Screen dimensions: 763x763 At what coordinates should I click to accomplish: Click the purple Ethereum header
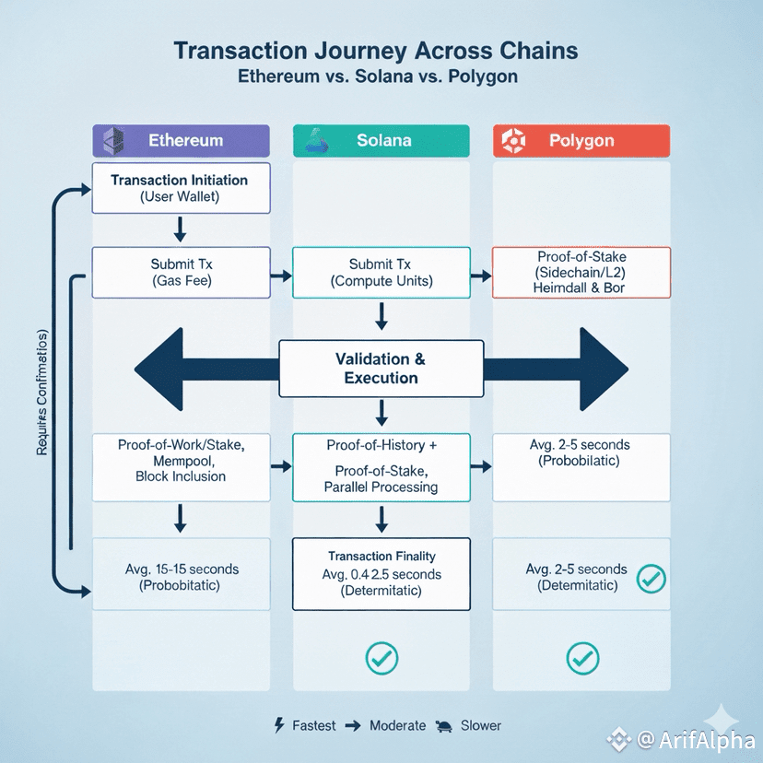[x=182, y=141]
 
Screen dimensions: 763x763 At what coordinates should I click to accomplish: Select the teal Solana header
[x=381, y=141]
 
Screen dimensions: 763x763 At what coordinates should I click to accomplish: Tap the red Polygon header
[x=581, y=141]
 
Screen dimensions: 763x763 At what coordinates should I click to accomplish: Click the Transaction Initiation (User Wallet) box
[x=181, y=188]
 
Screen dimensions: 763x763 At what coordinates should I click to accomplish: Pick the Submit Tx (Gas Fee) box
[x=181, y=272]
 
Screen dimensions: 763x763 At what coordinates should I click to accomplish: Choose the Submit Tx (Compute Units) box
[x=381, y=273]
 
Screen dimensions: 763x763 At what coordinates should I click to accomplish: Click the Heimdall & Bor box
[x=581, y=272]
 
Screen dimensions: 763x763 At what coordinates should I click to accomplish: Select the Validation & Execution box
[x=381, y=369]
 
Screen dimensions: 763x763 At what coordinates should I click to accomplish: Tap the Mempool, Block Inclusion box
[x=181, y=461]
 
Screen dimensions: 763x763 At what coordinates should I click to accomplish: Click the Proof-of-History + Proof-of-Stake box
[x=381, y=466]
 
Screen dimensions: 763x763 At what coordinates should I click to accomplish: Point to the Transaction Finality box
[x=381, y=573]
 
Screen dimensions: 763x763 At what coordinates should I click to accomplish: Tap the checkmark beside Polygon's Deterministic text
[x=651, y=579]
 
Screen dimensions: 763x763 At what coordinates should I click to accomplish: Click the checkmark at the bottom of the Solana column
[x=381, y=657]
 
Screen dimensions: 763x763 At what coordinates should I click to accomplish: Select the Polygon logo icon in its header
[x=512, y=141]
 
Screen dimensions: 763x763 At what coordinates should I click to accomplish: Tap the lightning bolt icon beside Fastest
[x=279, y=725]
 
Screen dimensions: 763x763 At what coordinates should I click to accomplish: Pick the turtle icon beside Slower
[x=444, y=725]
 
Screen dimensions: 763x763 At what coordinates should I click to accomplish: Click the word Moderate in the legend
[x=397, y=725]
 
